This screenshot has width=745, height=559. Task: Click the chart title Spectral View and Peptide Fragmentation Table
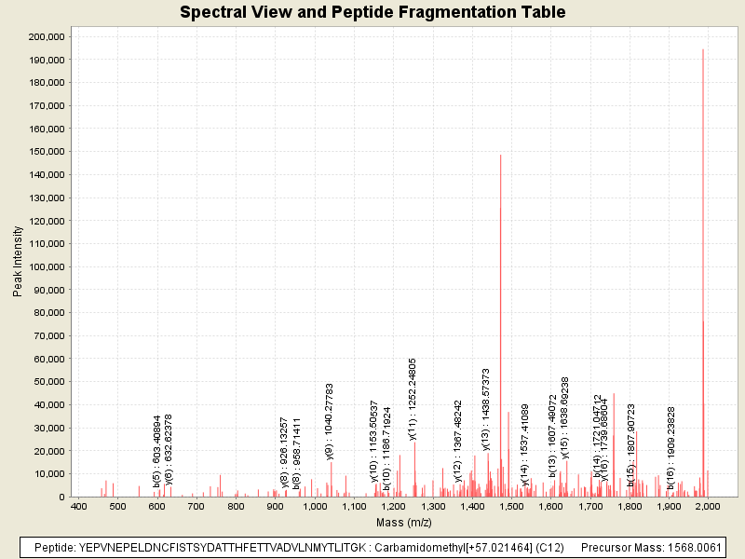point(372,13)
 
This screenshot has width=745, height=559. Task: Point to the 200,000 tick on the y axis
point(46,36)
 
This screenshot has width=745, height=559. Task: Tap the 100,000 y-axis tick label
point(46,266)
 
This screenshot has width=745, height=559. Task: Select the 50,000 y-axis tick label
point(48,382)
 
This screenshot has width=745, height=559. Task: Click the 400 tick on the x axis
point(78,506)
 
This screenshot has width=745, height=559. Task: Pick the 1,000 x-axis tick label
point(315,506)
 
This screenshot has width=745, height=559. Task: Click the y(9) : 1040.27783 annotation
point(330,420)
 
